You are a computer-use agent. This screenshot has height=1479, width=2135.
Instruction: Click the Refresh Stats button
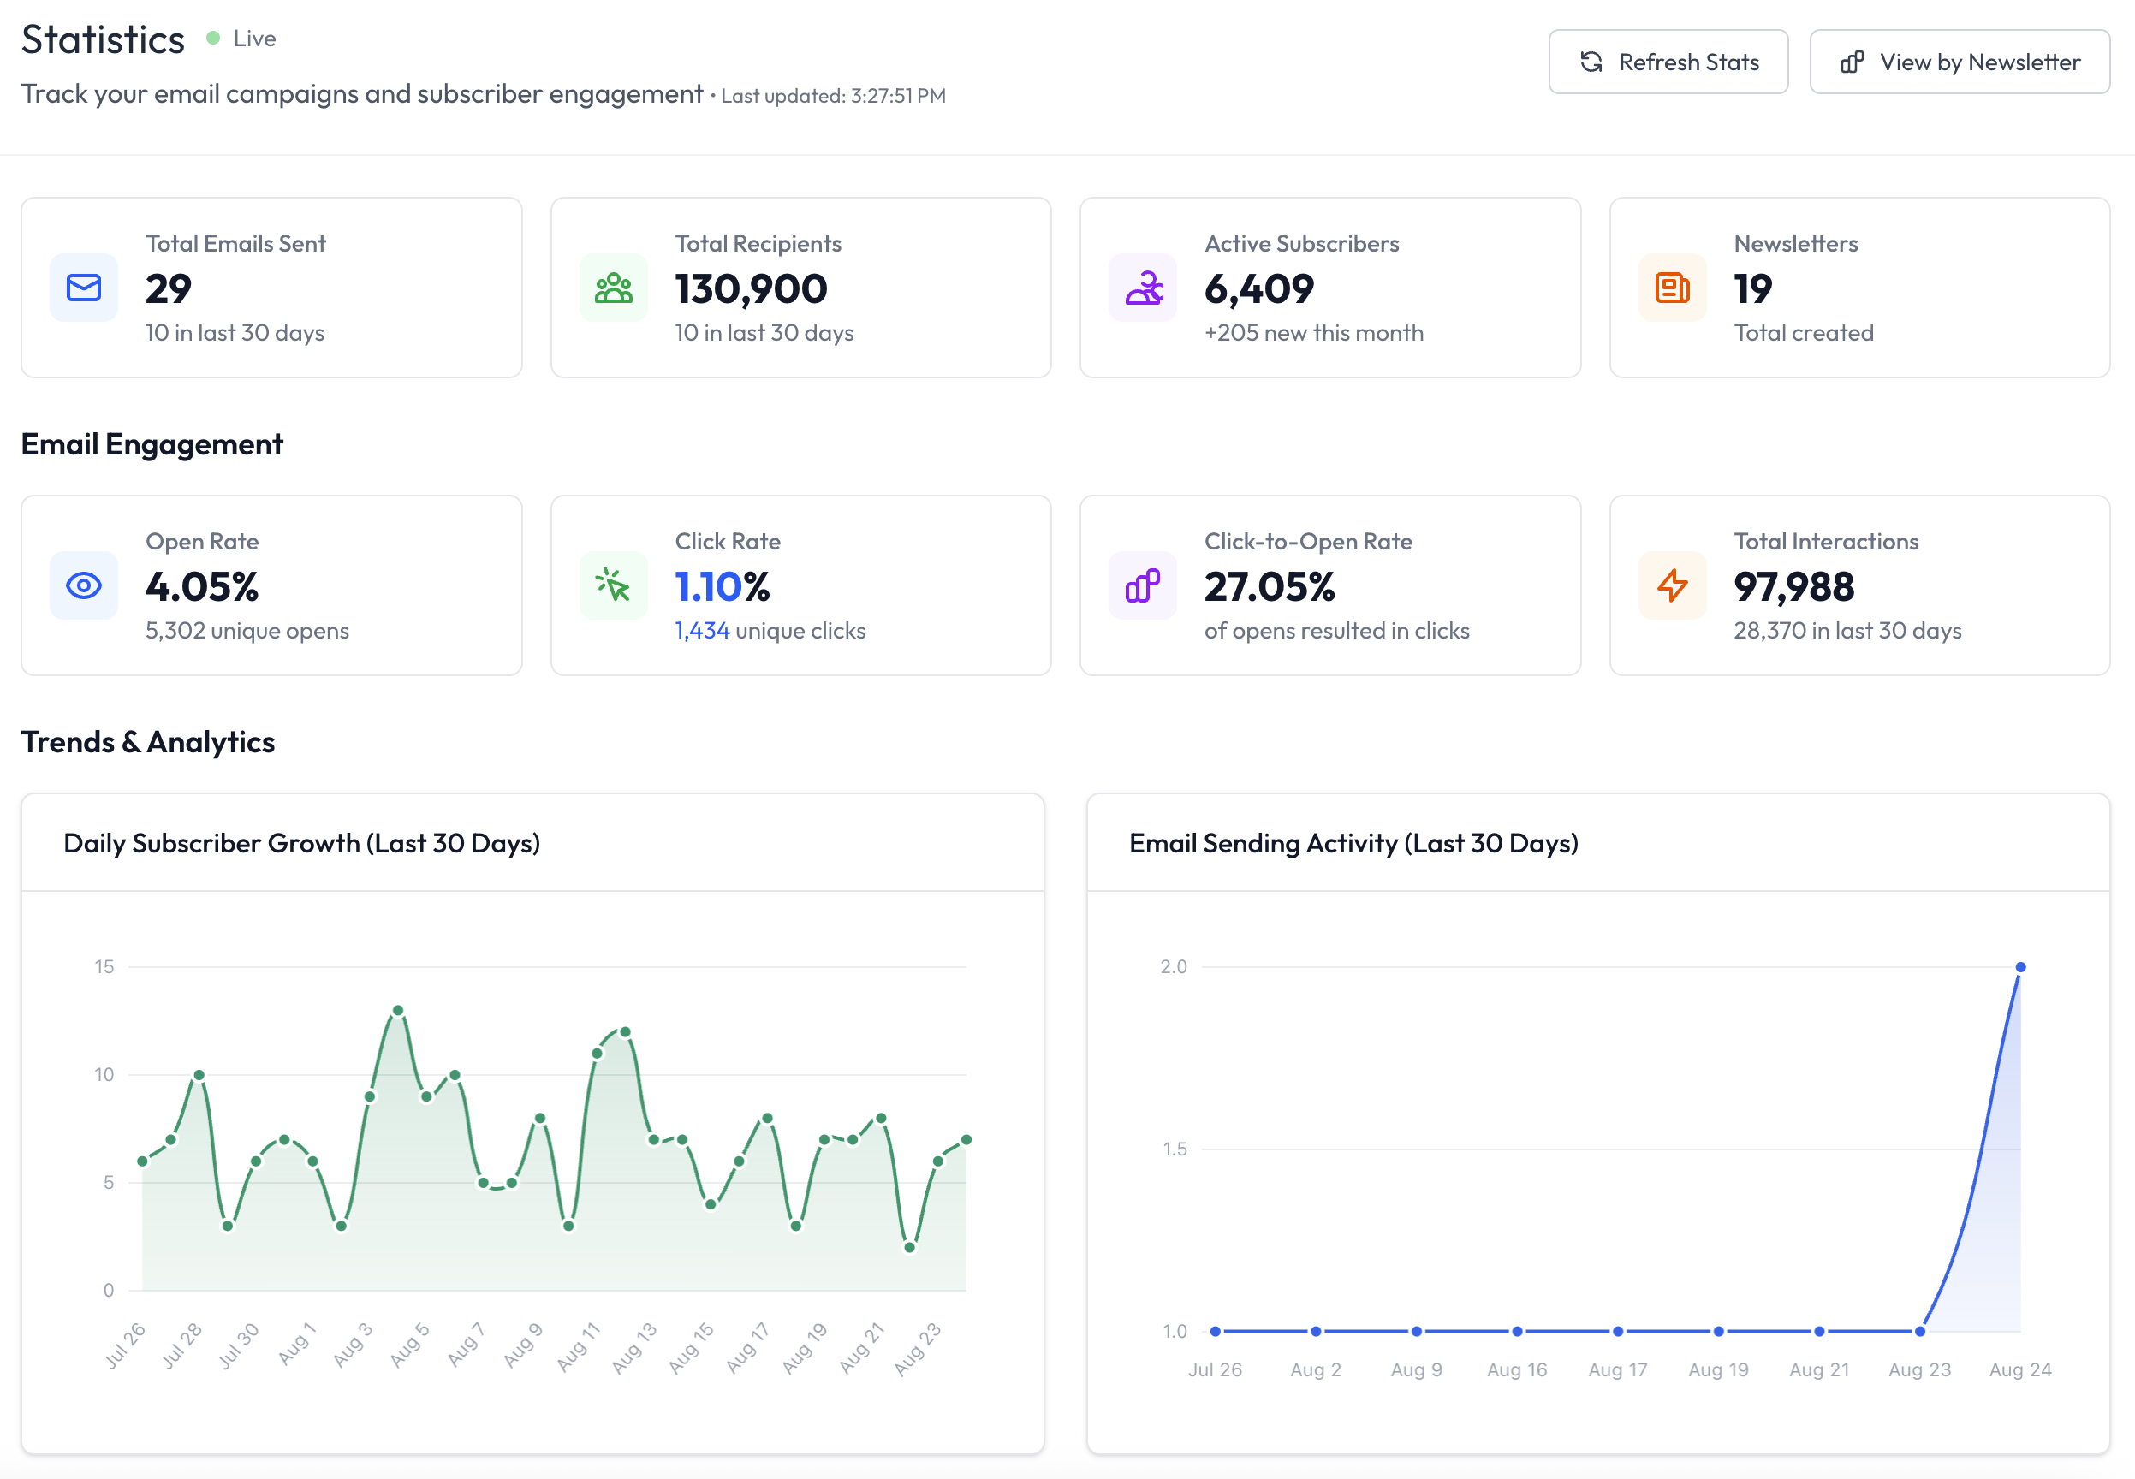tap(1668, 62)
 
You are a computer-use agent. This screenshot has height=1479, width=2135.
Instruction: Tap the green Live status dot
tap(213, 38)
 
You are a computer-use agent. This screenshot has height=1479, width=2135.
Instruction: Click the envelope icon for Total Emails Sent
tap(83, 288)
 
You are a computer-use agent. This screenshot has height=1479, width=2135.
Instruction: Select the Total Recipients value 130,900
tap(751, 289)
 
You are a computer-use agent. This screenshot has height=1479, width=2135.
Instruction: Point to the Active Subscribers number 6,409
tap(1258, 289)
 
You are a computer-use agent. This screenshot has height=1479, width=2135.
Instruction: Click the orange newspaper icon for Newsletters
tap(1672, 288)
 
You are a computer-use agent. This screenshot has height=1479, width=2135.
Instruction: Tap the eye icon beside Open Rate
tap(83, 585)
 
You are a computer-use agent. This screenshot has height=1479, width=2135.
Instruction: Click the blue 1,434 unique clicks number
tap(701, 631)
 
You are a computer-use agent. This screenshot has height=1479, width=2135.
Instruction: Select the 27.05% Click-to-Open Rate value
tap(1270, 586)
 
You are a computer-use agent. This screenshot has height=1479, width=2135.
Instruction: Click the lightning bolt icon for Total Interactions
tap(1672, 585)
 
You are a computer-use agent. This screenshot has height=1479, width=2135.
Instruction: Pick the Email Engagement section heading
tap(152, 445)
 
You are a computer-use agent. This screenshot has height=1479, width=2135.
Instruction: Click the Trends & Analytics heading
tap(148, 742)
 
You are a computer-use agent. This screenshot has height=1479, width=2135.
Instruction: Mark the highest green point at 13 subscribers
tap(397, 1010)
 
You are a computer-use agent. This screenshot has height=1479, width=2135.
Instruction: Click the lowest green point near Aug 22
tap(909, 1247)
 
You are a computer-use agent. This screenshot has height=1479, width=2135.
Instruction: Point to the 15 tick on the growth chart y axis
tap(104, 966)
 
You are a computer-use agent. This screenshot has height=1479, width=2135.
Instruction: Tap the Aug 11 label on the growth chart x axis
tap(580, 1346)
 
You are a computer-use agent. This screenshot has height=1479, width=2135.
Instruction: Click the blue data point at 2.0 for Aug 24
tap(2020, 966)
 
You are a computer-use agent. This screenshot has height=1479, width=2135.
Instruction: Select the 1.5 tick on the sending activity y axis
tap(1174, 1149)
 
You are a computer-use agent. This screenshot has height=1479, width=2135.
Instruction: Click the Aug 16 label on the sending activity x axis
tap(1516, 1369)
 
